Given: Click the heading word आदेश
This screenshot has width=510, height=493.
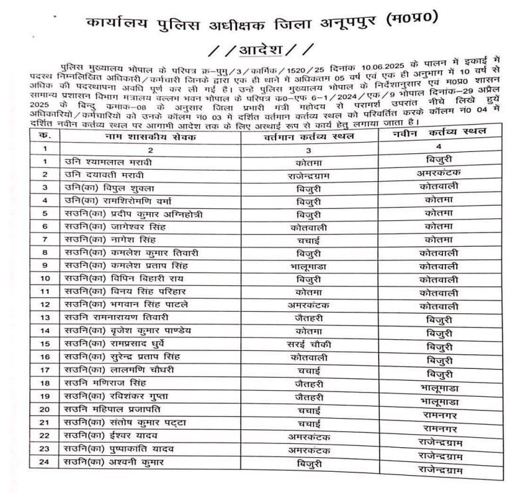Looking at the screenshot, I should [254, 50].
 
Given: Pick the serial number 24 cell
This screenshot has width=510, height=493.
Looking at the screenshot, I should [44, 462].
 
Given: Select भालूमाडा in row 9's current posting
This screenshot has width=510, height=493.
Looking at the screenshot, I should [308, 265].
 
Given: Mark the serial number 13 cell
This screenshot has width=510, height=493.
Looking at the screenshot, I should [44, 318].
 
